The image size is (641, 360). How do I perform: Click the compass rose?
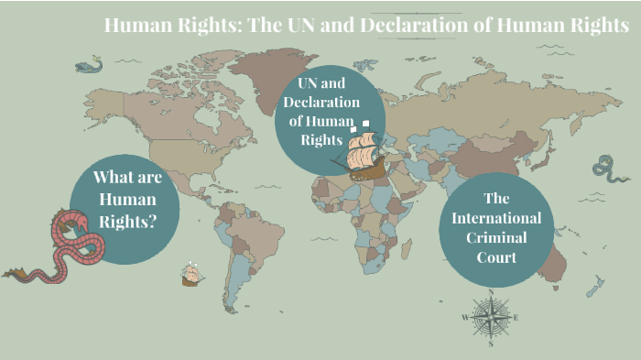pos(491,318)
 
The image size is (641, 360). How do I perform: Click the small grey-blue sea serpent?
pos(605,168)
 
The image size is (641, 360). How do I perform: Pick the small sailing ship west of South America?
pos(191,274)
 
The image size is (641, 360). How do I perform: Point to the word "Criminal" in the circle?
pos(496,237)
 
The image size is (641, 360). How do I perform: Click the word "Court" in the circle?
pos(496,257)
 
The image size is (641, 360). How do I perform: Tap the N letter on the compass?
pos(491,293)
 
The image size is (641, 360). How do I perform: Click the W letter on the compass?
pos(465,318)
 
